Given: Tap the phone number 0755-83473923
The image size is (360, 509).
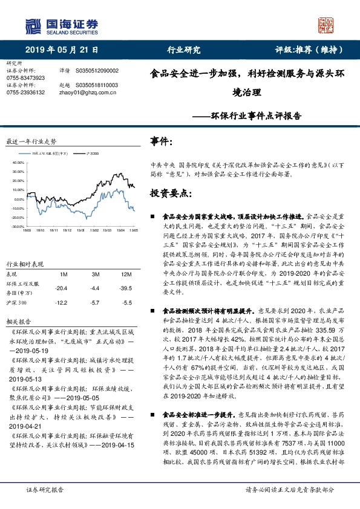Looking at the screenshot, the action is click(25, 78).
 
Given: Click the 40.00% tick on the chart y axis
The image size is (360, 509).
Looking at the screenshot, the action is click(17, 163).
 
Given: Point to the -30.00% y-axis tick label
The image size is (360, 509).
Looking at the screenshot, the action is click(16, 226).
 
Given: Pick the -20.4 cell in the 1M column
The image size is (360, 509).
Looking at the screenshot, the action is click(61, 288).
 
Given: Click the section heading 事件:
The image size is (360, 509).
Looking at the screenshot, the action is click(161, 141).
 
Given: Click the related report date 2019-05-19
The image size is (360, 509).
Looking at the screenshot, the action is click(36, 349).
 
